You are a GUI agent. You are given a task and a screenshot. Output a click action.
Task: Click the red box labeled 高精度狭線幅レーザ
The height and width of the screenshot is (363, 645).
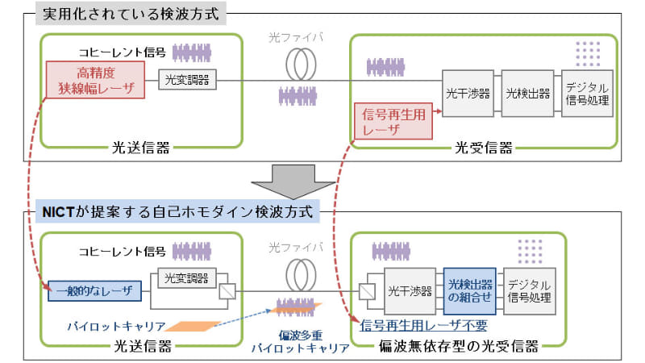tap(95, 80)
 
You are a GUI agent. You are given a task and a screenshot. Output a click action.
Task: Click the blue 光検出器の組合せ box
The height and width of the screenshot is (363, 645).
tap(469, 291)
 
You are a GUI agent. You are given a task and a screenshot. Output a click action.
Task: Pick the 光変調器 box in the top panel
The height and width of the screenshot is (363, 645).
tap(186, 80)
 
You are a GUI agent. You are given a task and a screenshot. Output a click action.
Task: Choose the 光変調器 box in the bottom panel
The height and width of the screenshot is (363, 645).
tap(185, 277)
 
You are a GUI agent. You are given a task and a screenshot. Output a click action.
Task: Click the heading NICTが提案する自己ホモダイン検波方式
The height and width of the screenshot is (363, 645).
tap(178, 212)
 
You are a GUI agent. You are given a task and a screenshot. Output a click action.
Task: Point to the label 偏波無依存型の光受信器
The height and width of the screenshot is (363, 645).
tap(470, 348)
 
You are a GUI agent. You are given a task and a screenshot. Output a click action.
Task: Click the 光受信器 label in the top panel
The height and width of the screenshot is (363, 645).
tap(483, 148)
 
